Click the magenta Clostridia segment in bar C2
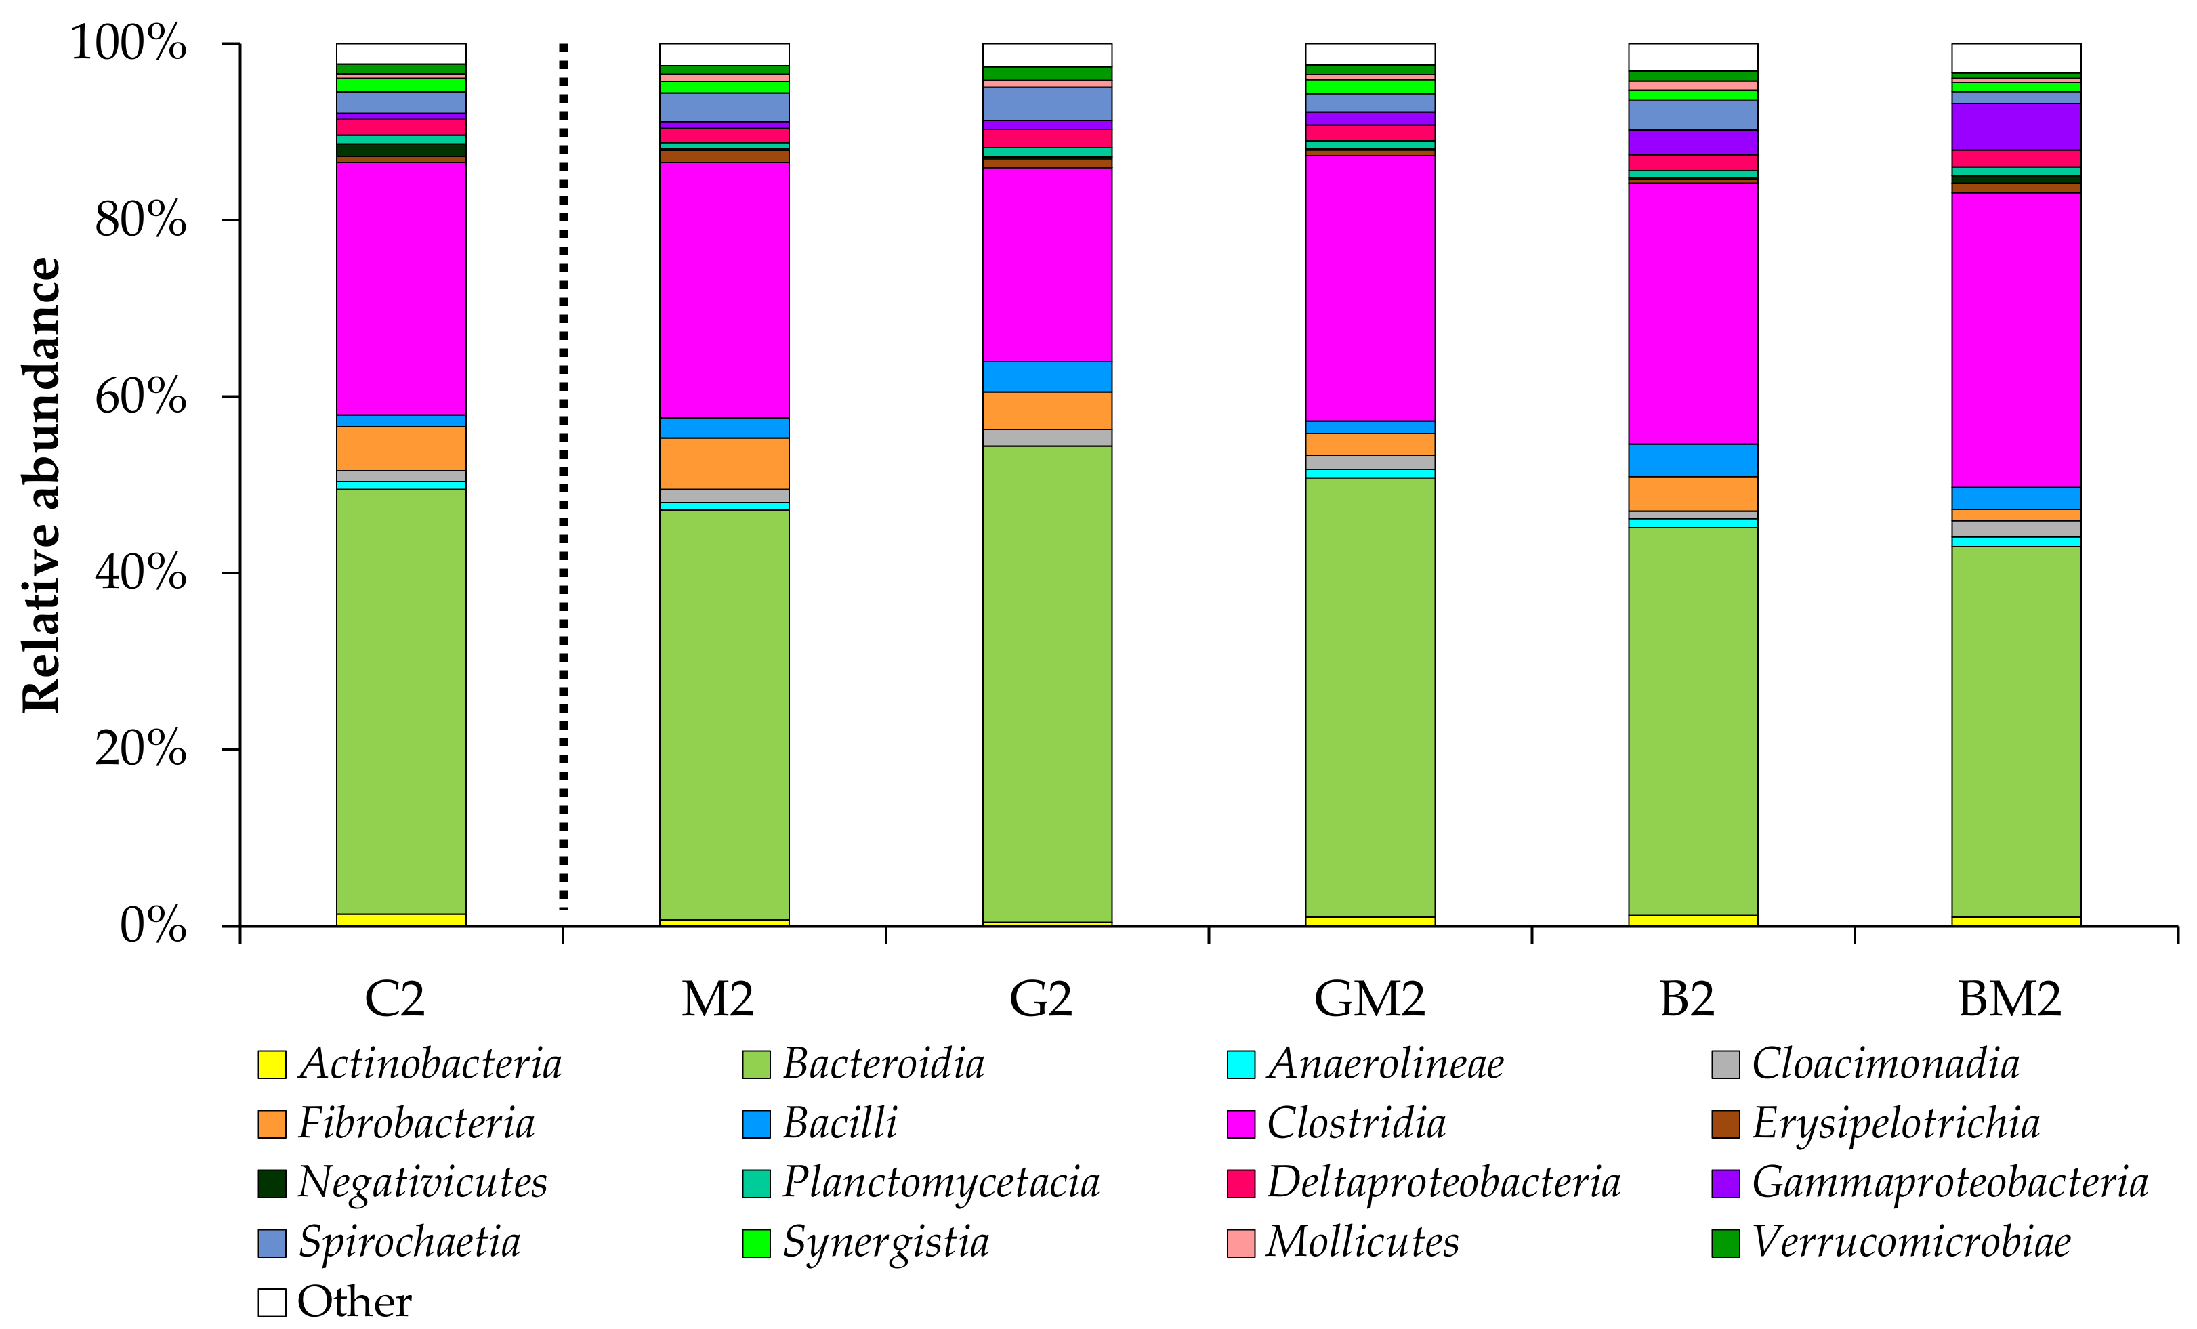pyautogui.click(x=401, y=288)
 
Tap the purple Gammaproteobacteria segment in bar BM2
pyautogui.click(x=2016, y=127)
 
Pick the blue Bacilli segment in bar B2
pyautogui.click(x=1693, y=460)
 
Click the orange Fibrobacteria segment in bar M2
pyautogui.click(x=724, y=463)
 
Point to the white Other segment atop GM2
pyautogui.click(x=1370, y=54)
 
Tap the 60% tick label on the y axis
pyautogui.click(x=140, y=397)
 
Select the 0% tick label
pyautogui.click(x=152, y=926)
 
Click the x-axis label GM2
pyautogui.click(x=1370, y=999)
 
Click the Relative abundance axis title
pyautogui.click(x=41, y=486)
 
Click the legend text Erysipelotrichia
pyautogui.click(x=1895, y=1123)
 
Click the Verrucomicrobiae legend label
pyautogui.click(x=1911, y=1242)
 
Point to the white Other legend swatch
pyautogui.click(x=272, y=1303)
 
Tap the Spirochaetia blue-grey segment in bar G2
pyautogui.click(x=1047, y=104)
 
